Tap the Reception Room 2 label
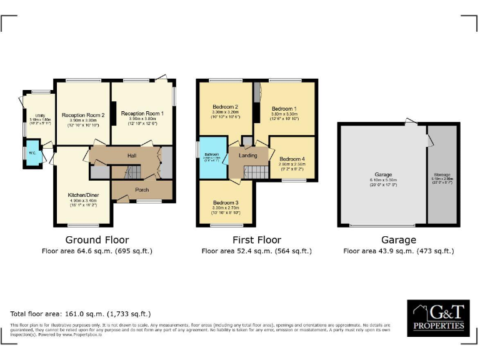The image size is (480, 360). click(83, 115)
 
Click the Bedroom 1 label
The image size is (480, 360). click(284, 109)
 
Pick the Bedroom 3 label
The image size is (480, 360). click(225, 202)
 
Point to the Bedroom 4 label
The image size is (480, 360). click(292, 159)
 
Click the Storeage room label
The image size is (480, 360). click(442, 174)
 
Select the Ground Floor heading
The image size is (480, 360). click(97, 240)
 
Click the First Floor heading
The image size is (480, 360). click(256, 240)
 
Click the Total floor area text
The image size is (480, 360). click(81, 314)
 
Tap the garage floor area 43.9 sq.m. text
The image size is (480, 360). click(399, 251)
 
